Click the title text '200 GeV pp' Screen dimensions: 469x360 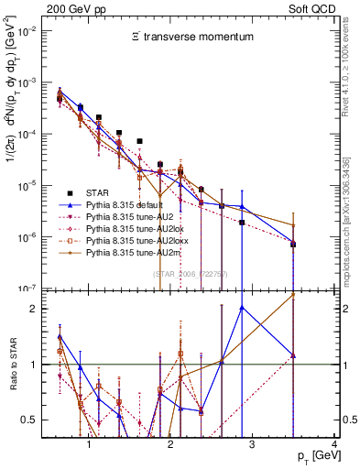(x=70, y=7)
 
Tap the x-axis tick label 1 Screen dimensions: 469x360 (x=88, y=444)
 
